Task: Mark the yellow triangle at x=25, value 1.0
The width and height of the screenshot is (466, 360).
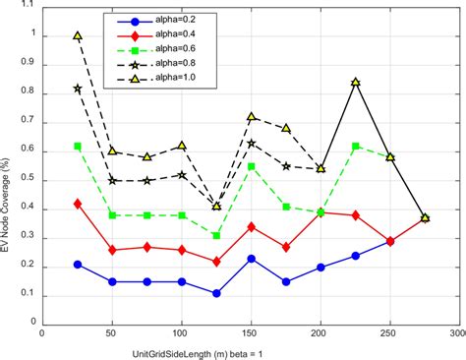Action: tap(78, 35)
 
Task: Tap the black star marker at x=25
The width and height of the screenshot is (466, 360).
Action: tap(78, 89)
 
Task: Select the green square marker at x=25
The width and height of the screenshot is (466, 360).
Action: tap(78, 146)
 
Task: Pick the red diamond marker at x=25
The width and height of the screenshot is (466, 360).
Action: tap(78, 204)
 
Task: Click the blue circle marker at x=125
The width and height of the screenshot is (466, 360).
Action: tap(216, 293)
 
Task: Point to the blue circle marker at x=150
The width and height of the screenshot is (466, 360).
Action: tap(252, 259)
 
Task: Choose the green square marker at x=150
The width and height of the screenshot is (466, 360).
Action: tap(252, 166)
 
